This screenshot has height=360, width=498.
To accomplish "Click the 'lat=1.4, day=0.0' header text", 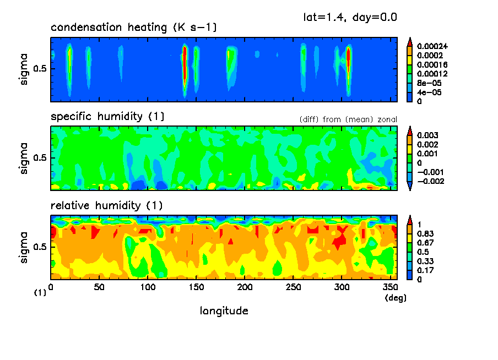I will (350, 17).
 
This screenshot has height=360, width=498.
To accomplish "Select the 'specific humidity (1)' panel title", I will (107, 117).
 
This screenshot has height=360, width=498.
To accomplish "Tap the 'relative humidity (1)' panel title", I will (107, 206).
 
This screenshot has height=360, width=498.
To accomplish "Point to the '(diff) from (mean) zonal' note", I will (348, 119).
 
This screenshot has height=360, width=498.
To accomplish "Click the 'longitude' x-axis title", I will (224, 311).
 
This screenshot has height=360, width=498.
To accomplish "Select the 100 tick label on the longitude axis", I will (148, 287).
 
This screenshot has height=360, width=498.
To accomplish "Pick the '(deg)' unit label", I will (394, 297).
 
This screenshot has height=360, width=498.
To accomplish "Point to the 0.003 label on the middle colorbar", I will (426, 135).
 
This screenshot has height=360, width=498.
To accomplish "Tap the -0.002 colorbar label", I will (430, 181).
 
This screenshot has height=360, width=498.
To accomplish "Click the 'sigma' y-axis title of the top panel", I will (23, 69).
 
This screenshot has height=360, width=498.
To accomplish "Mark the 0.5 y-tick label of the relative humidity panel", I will (40, 247).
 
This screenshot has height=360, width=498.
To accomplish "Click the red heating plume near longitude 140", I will (185, 61).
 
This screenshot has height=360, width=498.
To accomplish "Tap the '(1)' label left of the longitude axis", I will (40, 293).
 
